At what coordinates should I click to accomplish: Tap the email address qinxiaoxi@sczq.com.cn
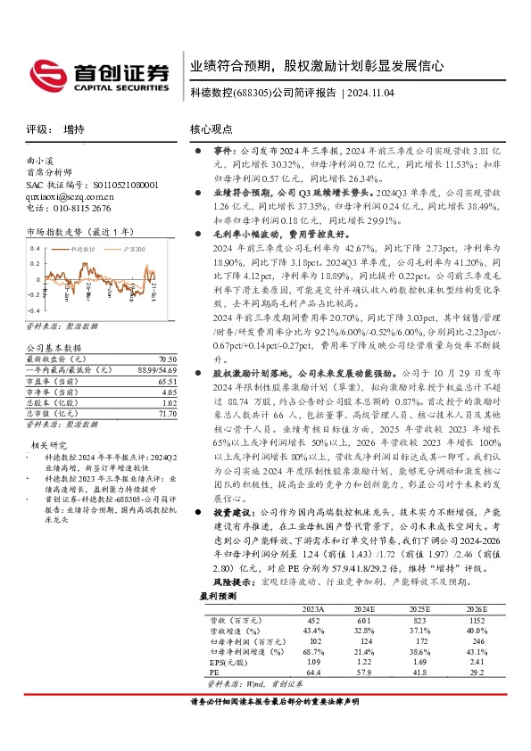click(x=71, y=195)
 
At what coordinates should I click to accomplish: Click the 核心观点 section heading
click(x=211, y=129)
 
